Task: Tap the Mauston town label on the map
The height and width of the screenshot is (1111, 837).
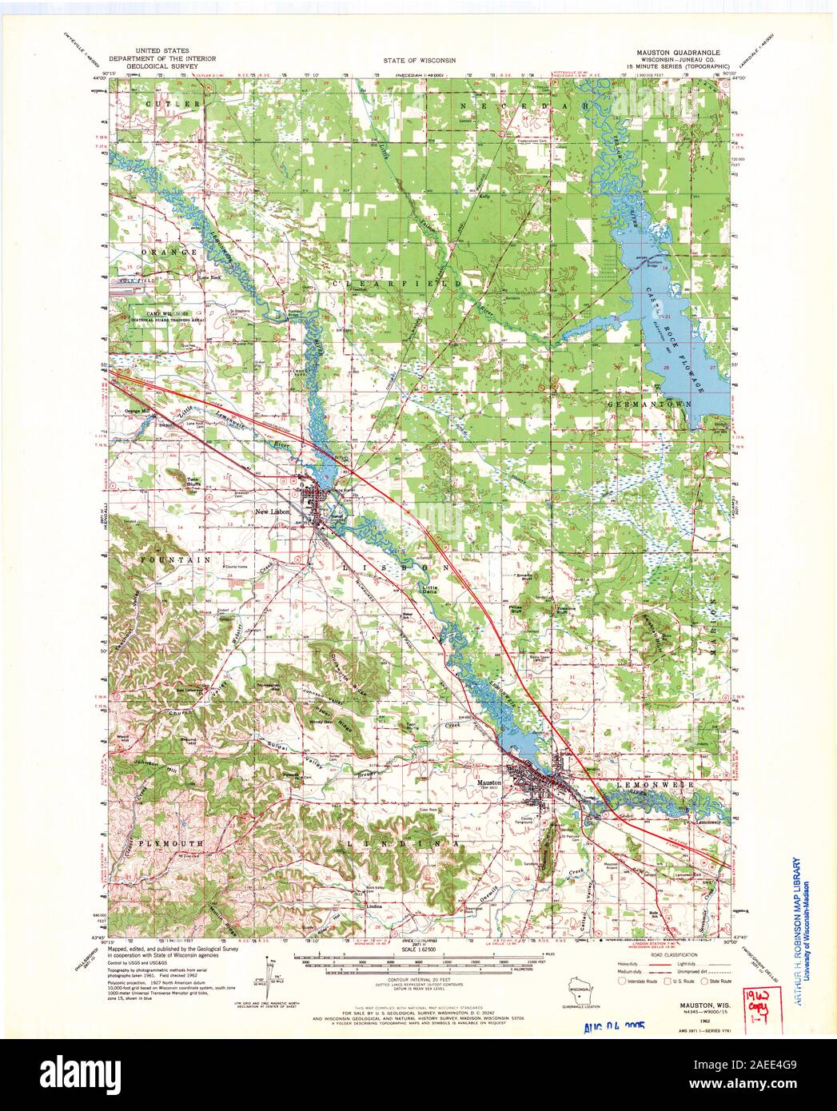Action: point(489,782)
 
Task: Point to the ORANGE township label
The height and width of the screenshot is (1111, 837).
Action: point(170,252)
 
